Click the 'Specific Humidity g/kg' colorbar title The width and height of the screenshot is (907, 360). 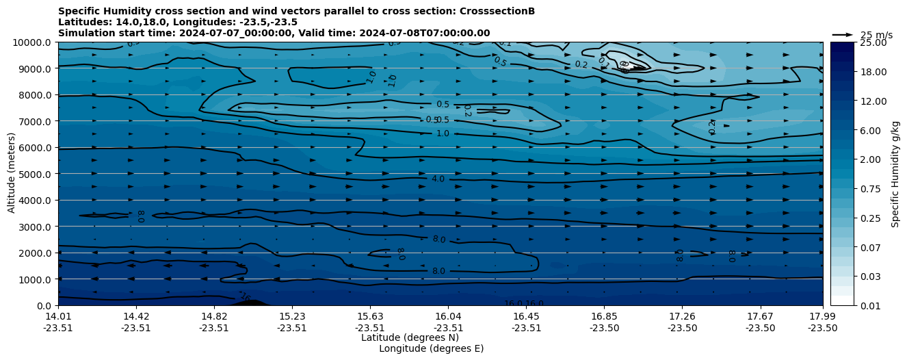(x=895, y=174)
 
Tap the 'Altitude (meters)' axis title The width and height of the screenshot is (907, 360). (x=12, y=172)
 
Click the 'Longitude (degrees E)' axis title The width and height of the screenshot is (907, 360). (x=431, y=348)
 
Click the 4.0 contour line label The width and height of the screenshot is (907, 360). (x=438, y=179)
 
